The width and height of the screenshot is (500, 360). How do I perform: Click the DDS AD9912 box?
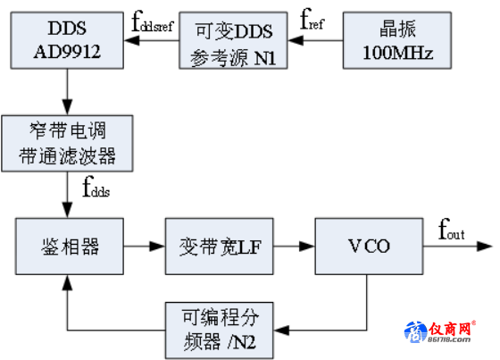tap(67, 40)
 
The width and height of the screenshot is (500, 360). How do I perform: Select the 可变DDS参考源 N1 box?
tap(233, 40)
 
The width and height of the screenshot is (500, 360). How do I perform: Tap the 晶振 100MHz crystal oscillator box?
tap(397, 40)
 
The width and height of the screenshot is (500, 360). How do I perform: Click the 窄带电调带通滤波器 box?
tap(67, 144)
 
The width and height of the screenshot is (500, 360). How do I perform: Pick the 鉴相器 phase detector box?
tap(70, 247)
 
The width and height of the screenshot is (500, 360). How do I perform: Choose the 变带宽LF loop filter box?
tap(220, 247)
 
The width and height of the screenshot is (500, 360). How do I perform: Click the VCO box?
tap(370, 247)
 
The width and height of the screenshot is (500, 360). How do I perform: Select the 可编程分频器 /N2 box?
tap(220, 331)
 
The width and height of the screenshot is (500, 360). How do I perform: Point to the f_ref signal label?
tap(312, 20)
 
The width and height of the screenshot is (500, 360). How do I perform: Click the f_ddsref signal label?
tap(153, 21)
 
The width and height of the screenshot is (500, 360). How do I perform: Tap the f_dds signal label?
tap(96, 187)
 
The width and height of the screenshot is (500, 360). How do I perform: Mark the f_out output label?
tap(451, 230)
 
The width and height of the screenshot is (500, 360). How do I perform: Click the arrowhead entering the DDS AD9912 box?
tap(131, 40)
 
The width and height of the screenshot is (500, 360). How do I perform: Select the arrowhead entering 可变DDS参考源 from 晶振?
tap(296, 40)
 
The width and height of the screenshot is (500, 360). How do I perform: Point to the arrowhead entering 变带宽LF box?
tap(157, 247)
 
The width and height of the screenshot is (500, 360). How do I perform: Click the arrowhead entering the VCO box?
tap(307, 247)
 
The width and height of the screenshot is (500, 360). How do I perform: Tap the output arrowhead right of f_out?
tap(485, 247)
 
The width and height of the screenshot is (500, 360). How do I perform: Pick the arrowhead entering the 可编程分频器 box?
tap(281, 331)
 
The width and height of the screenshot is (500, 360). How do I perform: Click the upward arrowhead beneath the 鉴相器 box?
tap(67, 282)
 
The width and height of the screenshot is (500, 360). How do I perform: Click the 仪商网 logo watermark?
tap(440, 332)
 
